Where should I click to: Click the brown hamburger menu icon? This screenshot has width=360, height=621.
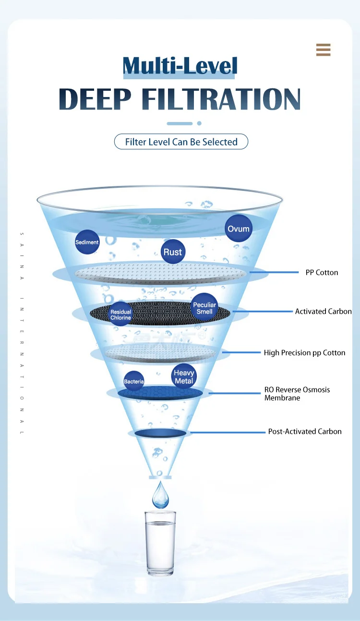click(x=323, y=49)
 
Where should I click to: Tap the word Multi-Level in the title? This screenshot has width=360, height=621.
click(x=180, y=65)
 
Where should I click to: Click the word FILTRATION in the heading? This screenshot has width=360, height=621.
click(x=221, y=99)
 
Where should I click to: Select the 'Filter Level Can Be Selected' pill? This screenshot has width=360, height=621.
click(x=181, y=142)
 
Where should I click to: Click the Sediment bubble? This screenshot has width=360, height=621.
click(x=87, y=242)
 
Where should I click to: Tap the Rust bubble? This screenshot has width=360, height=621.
click(x=173, y=252)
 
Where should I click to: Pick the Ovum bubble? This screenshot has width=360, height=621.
click(x=239, y=229)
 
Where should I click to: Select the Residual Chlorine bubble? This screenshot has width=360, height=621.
click(x=120, y=314)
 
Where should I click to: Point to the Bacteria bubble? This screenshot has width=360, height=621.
click(x=134, y=381)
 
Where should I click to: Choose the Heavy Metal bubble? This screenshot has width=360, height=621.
click(x=184, y=377)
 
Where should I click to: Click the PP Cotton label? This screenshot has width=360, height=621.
click(x=322, y=272)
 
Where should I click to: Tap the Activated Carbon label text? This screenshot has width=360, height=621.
click(x=323, y=311)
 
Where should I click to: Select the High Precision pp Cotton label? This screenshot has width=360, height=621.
click(x=305, y=353)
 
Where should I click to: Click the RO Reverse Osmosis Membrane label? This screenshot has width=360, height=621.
click(x=297, y=394)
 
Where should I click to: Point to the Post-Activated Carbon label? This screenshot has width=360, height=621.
click(x=305, y=431)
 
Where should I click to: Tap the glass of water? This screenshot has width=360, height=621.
click(x=160, y=543)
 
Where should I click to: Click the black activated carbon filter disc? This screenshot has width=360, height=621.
click(x=160, y=313)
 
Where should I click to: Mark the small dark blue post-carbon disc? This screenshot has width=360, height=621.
click(x=160, y=433)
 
